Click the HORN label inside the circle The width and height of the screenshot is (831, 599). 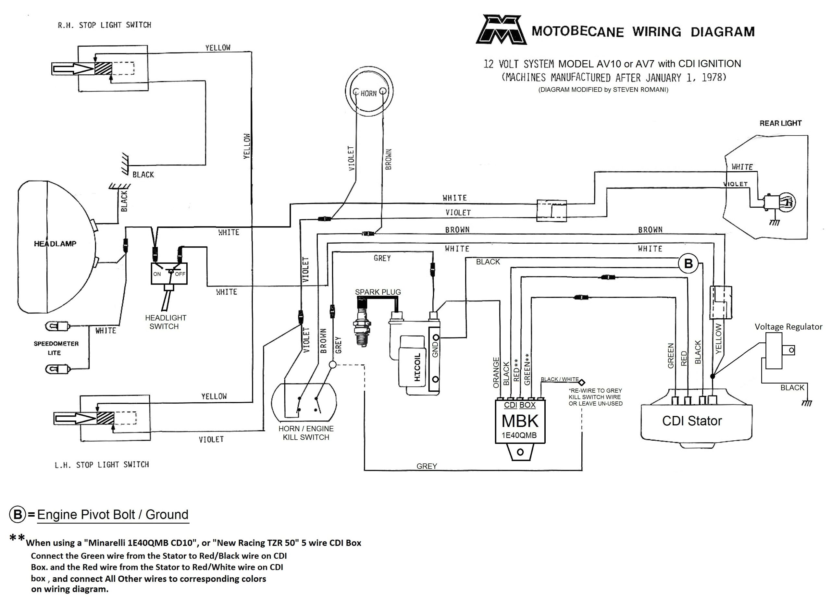pos(368,93)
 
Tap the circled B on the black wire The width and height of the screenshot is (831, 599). pos(688,263)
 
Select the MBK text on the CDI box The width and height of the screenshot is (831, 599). pos(520,421)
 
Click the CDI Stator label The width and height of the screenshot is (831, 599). pos(692,421)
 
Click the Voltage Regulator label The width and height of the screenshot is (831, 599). pos(788,327)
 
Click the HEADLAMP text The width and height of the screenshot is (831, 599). pos(55,244)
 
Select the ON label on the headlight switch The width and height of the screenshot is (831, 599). pos(157,274)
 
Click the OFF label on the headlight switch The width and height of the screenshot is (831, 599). pos(180,274)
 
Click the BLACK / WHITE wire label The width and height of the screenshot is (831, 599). pos(560,379)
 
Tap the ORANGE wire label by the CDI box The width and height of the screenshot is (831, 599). pos(496,373)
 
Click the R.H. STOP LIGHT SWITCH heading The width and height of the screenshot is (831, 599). pos(105,25)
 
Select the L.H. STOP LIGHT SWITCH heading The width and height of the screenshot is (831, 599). pos(102,465)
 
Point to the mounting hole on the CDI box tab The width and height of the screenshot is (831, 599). pos(520,452)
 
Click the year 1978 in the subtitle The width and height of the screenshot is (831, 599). pos(712,77)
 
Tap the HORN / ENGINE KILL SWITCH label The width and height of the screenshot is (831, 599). pos(306,433)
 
